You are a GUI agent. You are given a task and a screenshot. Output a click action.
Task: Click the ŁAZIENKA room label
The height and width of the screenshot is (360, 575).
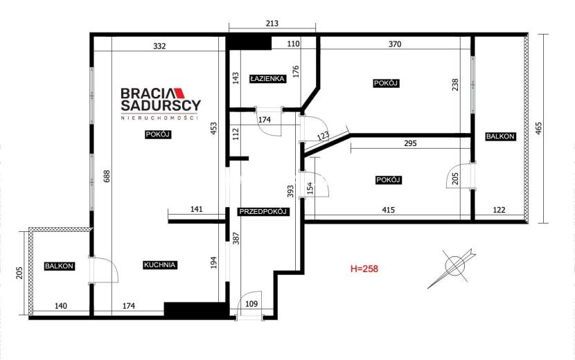(x=267, y=78)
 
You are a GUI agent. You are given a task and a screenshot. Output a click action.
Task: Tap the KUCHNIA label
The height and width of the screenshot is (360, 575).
(x=160, y=264)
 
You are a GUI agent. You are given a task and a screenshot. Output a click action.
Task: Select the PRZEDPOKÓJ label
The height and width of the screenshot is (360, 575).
(x=263, y=212)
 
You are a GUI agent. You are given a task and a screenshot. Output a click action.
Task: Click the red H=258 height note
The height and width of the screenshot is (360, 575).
(x=364, y=269)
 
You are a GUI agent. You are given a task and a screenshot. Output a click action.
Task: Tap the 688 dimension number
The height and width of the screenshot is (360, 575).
(x=107, y=177)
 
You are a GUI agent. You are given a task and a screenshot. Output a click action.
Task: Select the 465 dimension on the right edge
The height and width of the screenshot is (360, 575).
(x=538, y=128)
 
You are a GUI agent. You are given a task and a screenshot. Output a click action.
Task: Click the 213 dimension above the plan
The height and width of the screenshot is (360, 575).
(x=272, y=24)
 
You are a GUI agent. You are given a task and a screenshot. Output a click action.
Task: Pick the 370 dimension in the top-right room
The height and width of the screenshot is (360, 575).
(x=395, y=44)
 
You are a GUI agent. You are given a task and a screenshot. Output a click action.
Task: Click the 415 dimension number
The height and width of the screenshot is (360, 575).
(x=389, y=210)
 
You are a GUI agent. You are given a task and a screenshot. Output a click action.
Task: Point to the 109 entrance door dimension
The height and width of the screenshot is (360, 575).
(x=251, y=303)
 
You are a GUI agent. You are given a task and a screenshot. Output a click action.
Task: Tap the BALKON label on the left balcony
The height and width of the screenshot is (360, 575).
(x=59, y=266)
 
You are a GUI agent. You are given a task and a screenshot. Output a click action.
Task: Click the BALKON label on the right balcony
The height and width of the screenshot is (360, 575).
(x=500, y=136)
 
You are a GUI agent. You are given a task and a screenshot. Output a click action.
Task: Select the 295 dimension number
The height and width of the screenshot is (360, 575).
(x=410, y=143)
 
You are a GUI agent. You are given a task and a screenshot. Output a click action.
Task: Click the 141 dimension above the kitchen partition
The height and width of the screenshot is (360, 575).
(x=197, y=209)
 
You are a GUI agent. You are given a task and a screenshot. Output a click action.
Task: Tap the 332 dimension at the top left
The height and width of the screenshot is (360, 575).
(x=159, y=46)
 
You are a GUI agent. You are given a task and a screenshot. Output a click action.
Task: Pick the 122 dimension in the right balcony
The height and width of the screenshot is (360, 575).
(x=499, y=210)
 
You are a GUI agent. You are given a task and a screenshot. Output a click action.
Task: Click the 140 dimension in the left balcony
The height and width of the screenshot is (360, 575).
(x=60, y=306)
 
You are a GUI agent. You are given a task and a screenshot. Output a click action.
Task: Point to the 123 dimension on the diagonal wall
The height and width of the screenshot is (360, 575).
(x=323, y=136)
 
